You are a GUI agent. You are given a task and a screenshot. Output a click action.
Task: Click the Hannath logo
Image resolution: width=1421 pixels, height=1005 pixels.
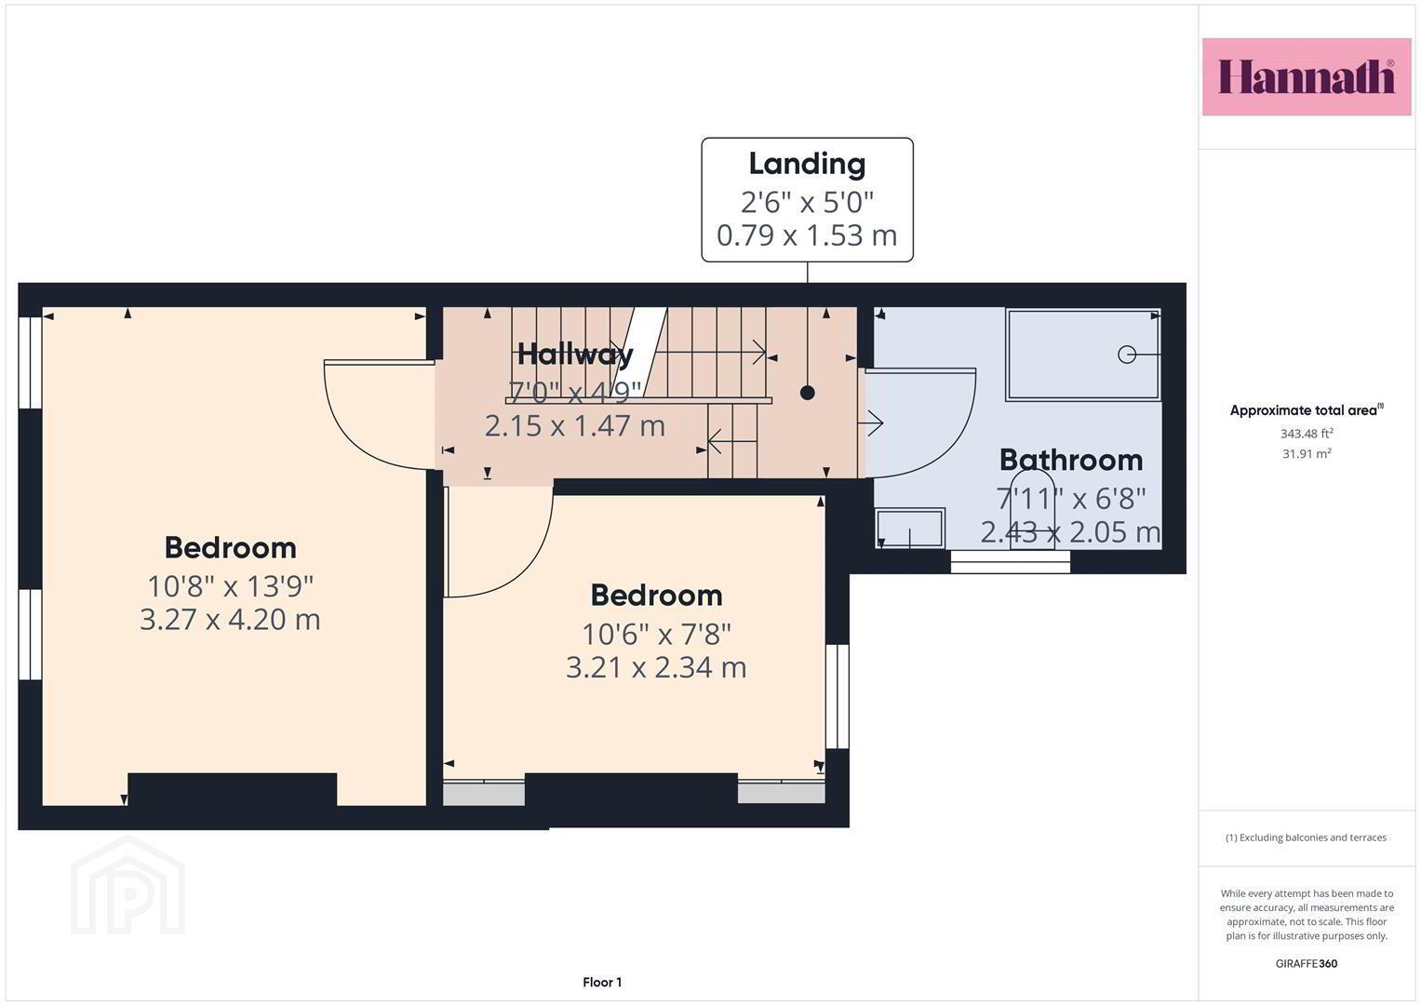pyautogui.click(x=1307, y=76)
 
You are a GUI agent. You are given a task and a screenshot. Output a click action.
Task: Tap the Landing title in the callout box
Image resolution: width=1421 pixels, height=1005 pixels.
pyautogui.click(x=807, y=164)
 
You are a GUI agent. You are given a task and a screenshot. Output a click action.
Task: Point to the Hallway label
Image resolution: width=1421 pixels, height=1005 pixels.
pyautogui.click(x=575, y=354)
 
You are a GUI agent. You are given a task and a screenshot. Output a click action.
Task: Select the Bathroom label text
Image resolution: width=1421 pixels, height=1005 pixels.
pyautogui.click(x=1071, y=460)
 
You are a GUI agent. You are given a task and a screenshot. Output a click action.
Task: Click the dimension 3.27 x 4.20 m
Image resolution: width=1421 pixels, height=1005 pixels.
pyautogui.click(x=230, y=619)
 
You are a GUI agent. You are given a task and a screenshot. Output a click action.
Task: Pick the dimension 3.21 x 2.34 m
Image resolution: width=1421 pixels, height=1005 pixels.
pyautogui.click(x=656, y=667)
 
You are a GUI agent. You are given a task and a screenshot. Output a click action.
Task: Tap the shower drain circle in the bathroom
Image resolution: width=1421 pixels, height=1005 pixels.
pyautogui.click(x=1127, y=354)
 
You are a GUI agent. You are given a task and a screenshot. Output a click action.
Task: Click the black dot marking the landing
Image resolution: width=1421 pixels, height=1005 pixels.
pyautogui.click(x=808, y=393)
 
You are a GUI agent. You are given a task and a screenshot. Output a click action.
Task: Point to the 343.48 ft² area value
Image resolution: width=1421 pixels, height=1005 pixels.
pyautogui.click(x=1307, y=434)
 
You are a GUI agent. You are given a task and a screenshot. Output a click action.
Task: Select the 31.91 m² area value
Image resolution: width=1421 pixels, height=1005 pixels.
pyautogui.click(x=1307, y=453)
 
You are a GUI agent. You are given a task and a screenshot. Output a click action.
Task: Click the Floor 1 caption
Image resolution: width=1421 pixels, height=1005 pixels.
pyautogui.click(x=602, y=982)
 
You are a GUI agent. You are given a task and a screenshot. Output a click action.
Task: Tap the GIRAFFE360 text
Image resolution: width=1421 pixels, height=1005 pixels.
pyautogui.click(x=1307, y=963)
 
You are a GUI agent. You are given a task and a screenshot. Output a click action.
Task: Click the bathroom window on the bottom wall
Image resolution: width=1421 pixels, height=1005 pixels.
pyautogui.click(x=1011, y=562)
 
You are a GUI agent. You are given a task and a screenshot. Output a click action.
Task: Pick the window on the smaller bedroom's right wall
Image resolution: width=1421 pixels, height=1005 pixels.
pyautogui.click(x=838, y=697)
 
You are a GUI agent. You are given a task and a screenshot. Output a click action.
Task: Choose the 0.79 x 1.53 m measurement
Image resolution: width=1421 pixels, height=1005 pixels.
pyautogui.click(x=807, y=235)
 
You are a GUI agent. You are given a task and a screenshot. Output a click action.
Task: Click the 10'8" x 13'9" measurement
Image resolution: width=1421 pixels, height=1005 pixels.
pyautogui.click(x=230, y=586)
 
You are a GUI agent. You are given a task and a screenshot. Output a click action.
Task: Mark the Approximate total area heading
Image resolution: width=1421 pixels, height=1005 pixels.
pyautogui.click(x=1307, y=410)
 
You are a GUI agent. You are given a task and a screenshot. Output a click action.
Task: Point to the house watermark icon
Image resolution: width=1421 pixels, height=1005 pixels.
pyautogui.click(x=127, y=885)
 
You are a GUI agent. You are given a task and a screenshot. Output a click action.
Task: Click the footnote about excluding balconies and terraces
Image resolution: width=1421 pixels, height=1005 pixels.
pyautogui.click(x=1307, y=837)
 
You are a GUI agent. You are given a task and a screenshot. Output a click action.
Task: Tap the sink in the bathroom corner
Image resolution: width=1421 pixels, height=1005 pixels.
pyautogui.click(x=910, y=528)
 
